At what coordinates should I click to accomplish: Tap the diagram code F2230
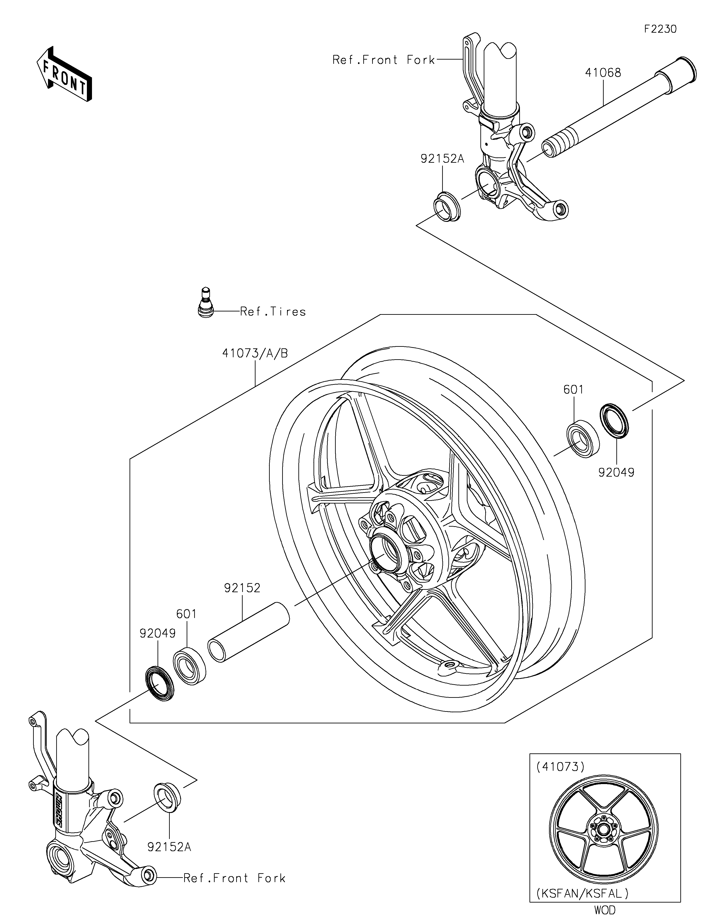660,29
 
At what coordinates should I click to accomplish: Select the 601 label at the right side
573,390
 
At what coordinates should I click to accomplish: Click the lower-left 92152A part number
169,847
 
